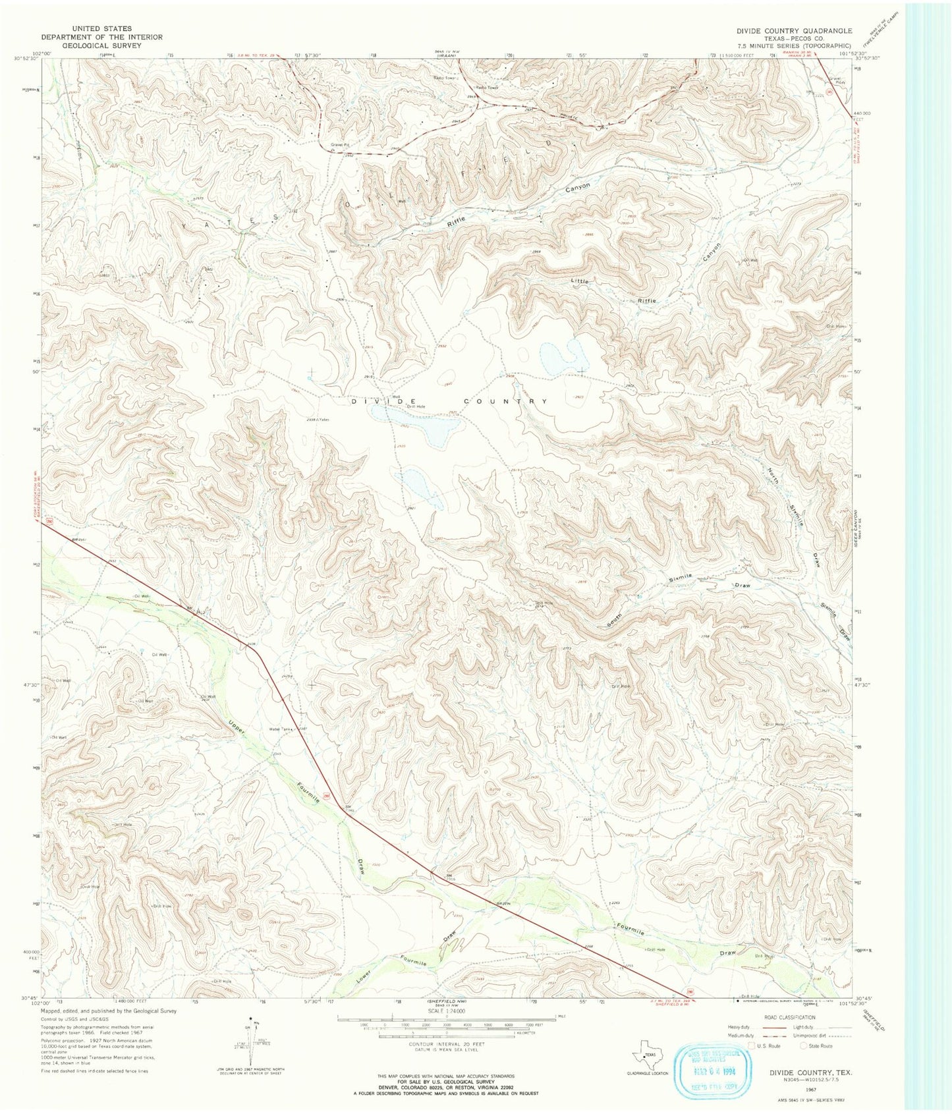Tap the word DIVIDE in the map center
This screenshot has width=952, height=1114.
click(384, 401)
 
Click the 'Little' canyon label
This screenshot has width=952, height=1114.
click(580, 281)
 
